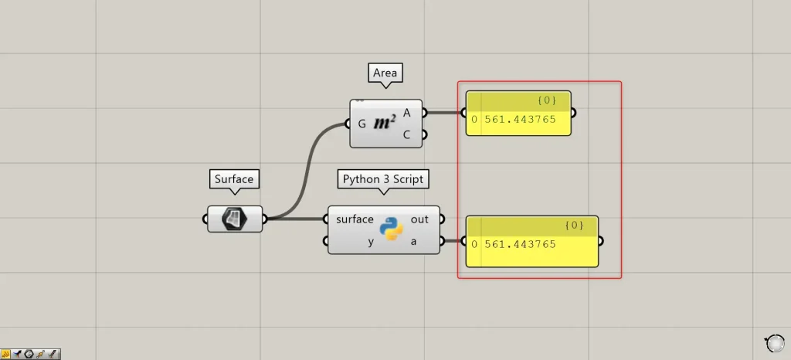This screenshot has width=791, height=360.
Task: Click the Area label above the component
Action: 385,73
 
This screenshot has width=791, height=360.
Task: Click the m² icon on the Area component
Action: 385,123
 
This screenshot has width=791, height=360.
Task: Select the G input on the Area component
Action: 362,124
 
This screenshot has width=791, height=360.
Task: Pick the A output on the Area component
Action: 406,113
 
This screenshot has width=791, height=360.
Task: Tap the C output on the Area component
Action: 406,134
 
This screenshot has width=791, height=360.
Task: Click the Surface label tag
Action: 233,179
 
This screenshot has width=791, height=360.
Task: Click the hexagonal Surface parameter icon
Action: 234,219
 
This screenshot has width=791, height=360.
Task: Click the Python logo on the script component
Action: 392,229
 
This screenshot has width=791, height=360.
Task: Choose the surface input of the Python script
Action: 355,219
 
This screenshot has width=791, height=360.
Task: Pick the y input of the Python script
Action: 370,241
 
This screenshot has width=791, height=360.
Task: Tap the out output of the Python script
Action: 419,219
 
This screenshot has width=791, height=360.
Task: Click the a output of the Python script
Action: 413,241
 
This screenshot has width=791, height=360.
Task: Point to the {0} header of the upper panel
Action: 547,100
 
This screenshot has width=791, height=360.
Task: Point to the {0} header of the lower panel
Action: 574,226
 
